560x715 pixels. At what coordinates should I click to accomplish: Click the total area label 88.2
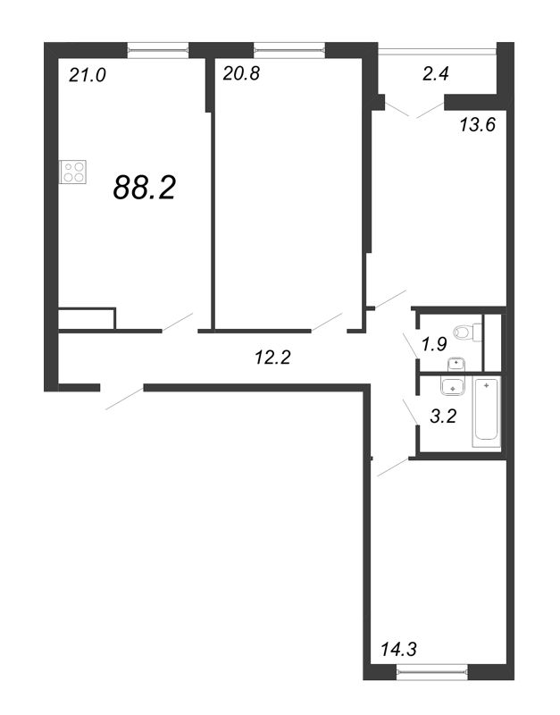(145, 188)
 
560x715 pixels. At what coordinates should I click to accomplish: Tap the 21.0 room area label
(87, 75)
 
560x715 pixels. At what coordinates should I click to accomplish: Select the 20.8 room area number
(241, 73)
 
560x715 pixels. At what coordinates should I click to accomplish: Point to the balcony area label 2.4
(436, 73)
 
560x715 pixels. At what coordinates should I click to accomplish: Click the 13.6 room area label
(477, 124)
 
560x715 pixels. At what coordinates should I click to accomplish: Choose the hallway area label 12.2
(272, 357)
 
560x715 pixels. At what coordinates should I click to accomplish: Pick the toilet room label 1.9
(433, 344)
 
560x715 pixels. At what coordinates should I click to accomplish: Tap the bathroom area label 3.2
(443, 416)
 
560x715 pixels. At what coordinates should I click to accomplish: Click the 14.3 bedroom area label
(398, 649)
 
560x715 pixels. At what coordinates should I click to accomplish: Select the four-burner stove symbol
(73, 172)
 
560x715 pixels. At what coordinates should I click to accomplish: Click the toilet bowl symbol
(468, 332)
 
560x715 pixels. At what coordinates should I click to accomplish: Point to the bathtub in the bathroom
(487, 412)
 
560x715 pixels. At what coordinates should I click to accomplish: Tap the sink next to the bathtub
(453, 386)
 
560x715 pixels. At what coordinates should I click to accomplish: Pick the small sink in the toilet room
(456, 364)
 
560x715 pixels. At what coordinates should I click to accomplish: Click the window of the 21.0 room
(158, 50)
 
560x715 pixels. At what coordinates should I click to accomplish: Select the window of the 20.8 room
(289, 50)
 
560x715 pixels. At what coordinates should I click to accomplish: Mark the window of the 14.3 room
(432, 672)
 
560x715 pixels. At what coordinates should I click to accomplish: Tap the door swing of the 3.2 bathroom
(410, 411)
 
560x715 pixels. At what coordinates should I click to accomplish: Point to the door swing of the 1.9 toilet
(410, 345)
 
